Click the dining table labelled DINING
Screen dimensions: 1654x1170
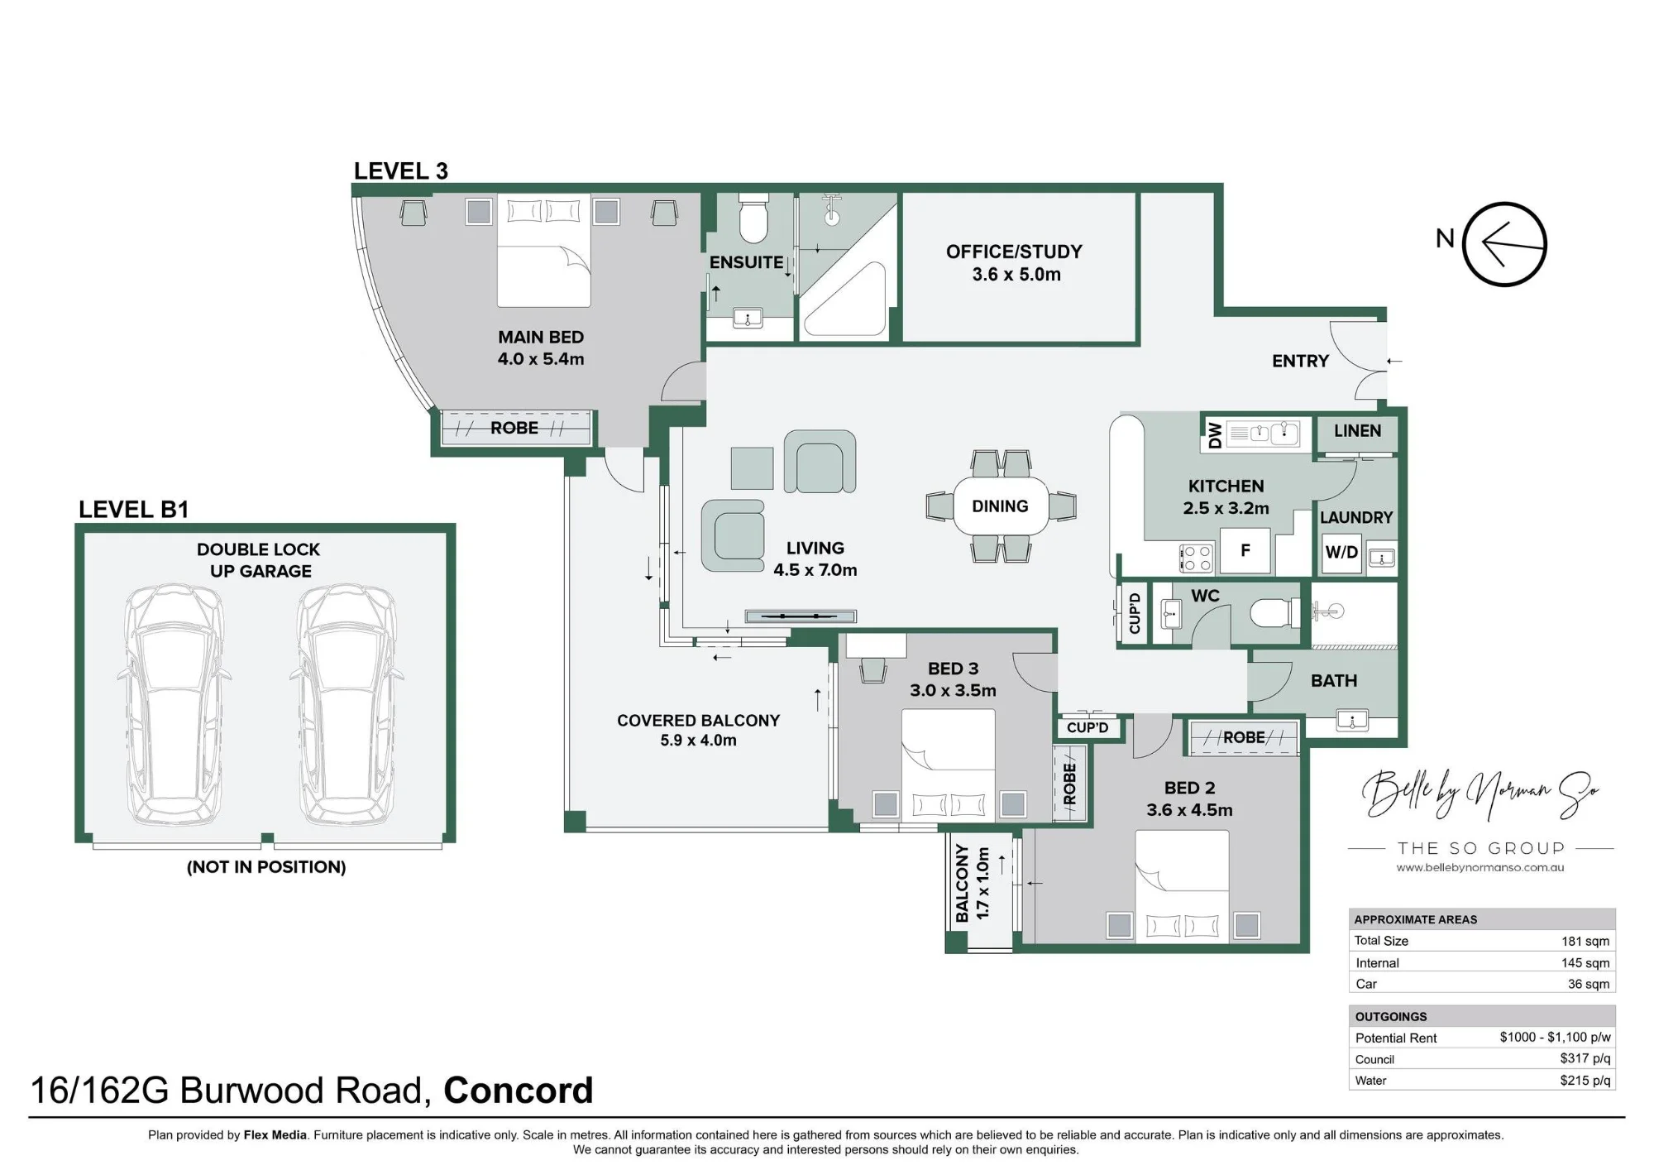tap(1001, 506)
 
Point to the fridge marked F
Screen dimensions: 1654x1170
tap(1245, 551)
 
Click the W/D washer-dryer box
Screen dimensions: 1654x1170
tap(1341, 552)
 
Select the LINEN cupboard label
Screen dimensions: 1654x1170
tap(1357, 431)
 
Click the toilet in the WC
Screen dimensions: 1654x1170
tap(1274, 614)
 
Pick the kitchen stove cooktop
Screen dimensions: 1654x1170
tap(1196, 558)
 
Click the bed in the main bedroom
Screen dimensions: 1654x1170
tap(544, 251)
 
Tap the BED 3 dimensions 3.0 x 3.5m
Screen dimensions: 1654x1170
tap(953, 690)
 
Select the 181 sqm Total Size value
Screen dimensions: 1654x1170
tap(1585, 941)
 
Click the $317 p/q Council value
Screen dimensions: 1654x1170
tap(1585, 1058)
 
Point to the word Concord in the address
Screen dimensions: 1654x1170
tap(519, 1091)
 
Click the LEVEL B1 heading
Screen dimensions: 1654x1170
tap(134, 510)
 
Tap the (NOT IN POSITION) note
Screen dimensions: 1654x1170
tap(266, 867)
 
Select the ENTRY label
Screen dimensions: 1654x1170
tap(1300, 362)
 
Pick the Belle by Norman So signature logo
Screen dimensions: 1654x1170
tap(1480, 793)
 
